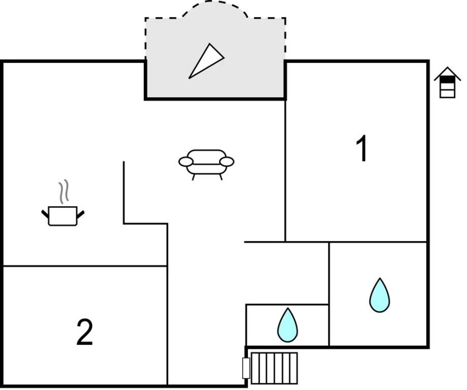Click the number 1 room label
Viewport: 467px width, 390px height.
[362, 149]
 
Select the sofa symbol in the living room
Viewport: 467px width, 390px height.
[206, 162]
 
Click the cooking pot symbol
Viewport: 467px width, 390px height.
[63, 215]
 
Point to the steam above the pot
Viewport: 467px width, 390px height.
[63, 192]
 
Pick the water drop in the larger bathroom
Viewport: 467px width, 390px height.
[380, 295]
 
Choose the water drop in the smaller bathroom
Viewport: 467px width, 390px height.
[287, 325]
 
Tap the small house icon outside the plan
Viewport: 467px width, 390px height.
[447, 82]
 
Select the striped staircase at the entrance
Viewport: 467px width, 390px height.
[274, 368]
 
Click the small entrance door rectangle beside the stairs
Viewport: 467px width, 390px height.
[246, 368]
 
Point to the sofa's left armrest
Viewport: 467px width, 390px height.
[186, 162]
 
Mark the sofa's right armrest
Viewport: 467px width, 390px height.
[227, 162]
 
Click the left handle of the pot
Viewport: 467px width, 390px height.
[45, 213]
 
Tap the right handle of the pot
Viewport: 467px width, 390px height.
[81, 213]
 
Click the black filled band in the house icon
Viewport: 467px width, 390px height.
[447, 80]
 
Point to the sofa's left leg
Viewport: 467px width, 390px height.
[193, 177]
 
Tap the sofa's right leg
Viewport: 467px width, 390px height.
[221, 177]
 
